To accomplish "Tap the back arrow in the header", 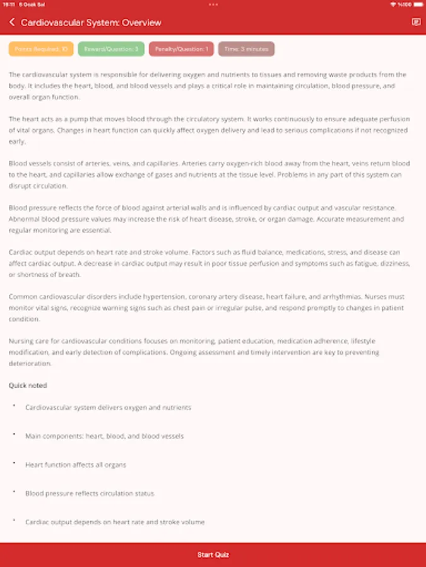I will pyautogui.click(x=12, y=23).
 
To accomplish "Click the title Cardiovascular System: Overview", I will pyautogui.click(x=91, y=23).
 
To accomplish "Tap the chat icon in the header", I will pyautogui.click(x=415, y=22).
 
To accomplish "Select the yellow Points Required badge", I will pyautogui.click(x=41, y=49).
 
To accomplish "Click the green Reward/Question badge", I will pyautogui.click(x=112, y=49).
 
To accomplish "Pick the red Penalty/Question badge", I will pyautogui.click(x=181, y=49).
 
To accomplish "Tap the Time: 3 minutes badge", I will pyautogui.click(x=246, y=49).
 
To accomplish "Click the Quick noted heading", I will pyautogui.click(x=28, y=385).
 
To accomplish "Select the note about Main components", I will pyautogui.click(x=104, y=436).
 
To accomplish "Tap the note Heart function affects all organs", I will pyautogui.click(x=76, y=465).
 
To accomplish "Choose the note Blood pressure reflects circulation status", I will pyautogui.click(x=90, y=493).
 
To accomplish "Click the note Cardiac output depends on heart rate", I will pyautogui.click(x=115, y=522).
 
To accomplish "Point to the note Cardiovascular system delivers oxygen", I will pyautogui.click(x=108, y=408).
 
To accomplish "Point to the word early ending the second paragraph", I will pyautogui.click(x=17, y=142).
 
